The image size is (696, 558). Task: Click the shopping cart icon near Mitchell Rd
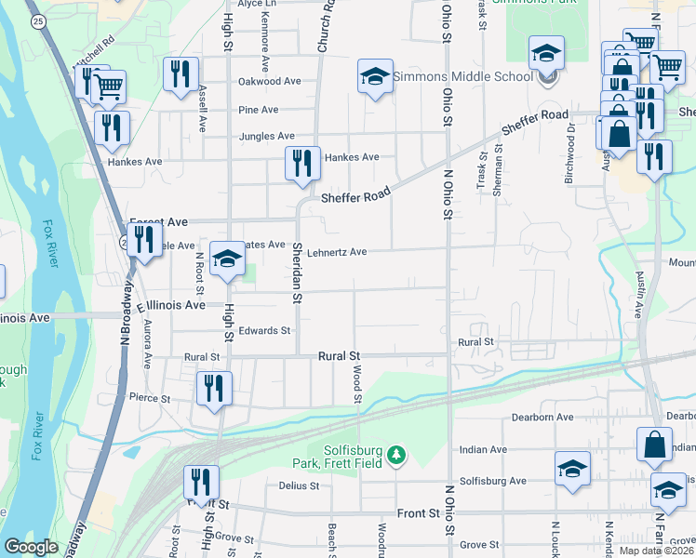point(109,86)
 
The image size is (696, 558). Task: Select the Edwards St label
point(264,330)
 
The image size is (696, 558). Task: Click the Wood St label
point(356,383)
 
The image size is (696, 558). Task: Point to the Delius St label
point(299,485)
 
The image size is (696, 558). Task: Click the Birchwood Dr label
point(569,139)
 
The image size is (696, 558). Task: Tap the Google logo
point(31,547)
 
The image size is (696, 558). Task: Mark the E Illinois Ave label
point(170,305)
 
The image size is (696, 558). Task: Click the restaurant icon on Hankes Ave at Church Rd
point(302,163)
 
